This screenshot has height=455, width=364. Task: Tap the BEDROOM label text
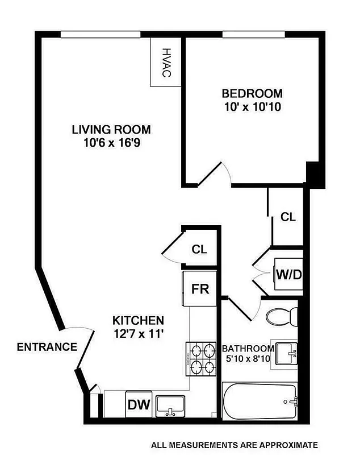(252, 93)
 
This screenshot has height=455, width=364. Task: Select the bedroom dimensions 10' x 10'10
(252, 106)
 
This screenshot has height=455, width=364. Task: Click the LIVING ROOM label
(111, 129)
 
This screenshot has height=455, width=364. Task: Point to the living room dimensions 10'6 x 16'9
(111, 143)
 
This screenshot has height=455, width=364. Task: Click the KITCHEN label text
(138, 320)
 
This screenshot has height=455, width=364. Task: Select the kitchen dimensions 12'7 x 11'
(138, 334)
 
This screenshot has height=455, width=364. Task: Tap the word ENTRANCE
(47, 347)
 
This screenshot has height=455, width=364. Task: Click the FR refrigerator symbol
(200, 288)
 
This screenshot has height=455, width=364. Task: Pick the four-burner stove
(202, 359)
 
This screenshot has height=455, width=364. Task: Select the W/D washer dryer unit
(288, 274)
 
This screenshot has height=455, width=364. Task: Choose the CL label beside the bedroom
(288, 217)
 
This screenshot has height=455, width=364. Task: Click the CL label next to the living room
(199, 249)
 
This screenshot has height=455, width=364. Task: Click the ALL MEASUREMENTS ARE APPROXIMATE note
(235, 445)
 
